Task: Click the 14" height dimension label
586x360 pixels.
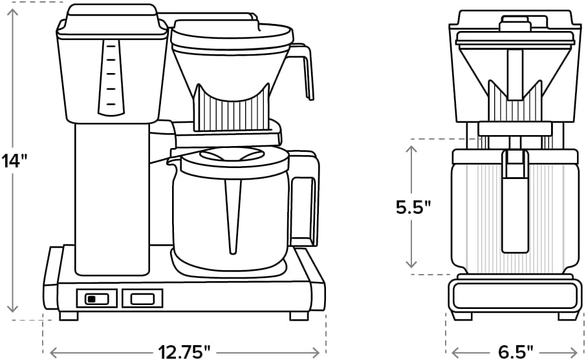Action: click(x=16, y=160)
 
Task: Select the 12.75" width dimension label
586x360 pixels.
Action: click(x=184, y=352)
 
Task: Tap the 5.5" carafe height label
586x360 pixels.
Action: click(x=413, y=207)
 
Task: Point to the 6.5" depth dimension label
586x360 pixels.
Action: click(x=515, y=352)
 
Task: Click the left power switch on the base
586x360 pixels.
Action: click(x=97, y=298)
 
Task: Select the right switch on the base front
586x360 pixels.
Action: click(x=142, y=298)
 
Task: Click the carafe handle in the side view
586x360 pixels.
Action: click(x=304, y=197)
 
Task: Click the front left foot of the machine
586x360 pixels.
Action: click(x=68, y=316)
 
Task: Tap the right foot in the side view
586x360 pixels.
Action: click(x=298, y=316)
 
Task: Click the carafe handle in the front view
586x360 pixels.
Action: click(x=515, y=200)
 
